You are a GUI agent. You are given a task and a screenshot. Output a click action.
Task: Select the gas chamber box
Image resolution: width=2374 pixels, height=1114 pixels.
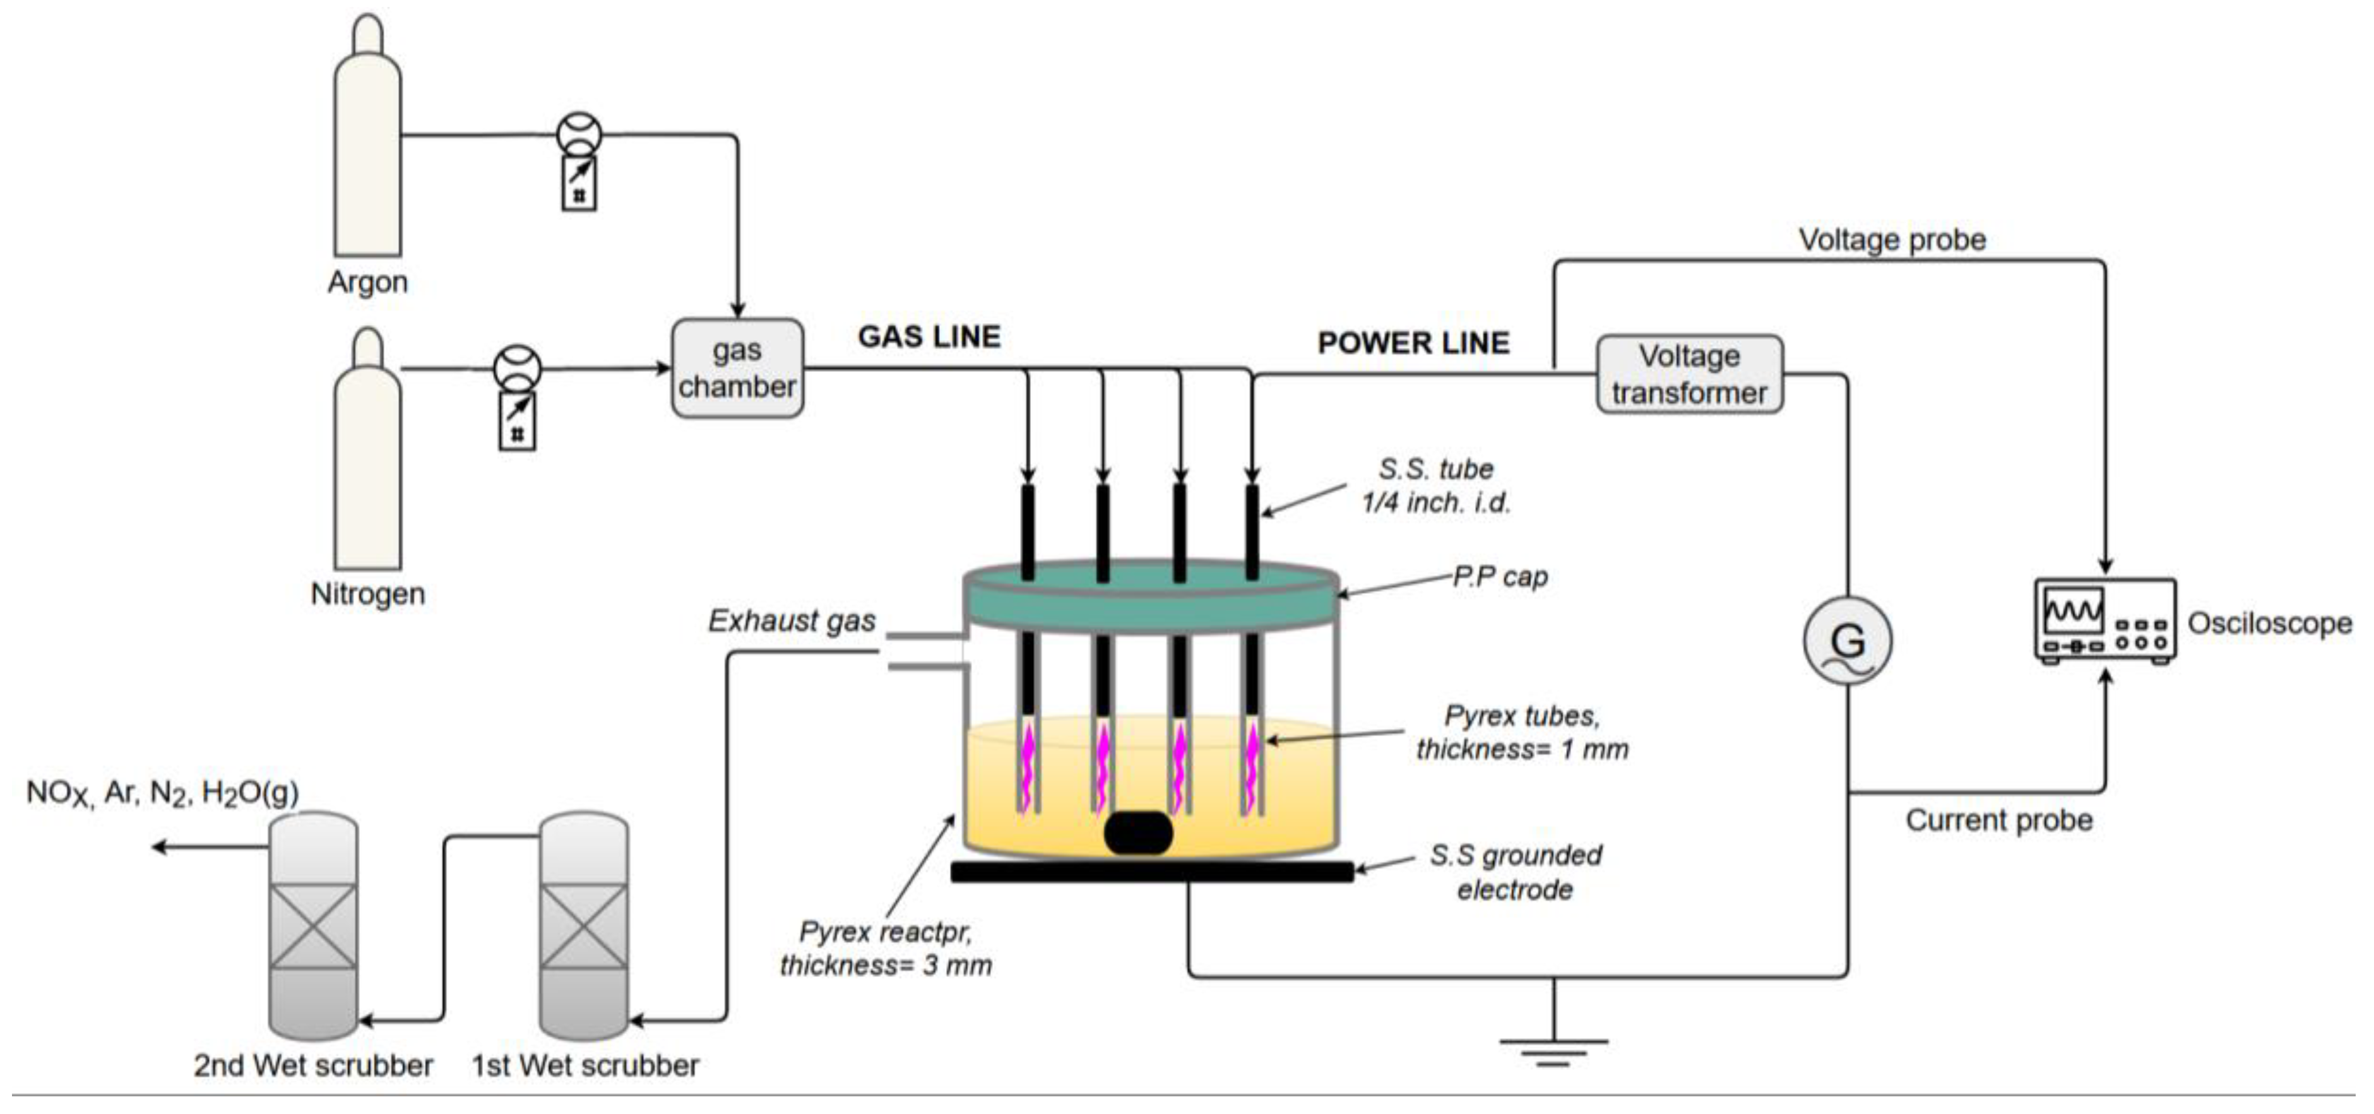737,367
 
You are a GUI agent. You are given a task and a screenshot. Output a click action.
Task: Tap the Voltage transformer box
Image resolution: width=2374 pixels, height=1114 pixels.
1689,374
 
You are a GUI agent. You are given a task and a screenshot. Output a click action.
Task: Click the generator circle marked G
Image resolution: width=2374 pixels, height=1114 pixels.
1847,641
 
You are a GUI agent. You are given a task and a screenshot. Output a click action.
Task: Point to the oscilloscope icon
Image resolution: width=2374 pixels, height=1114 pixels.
2105,620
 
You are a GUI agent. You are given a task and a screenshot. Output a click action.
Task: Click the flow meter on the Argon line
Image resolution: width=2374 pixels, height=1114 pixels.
579,161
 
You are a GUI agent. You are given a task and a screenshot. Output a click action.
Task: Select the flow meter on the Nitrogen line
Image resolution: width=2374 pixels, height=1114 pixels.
517,396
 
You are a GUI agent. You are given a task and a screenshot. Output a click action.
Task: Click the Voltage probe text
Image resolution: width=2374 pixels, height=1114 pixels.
1891,240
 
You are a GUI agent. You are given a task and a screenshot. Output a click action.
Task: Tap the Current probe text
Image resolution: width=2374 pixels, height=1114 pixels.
1998,820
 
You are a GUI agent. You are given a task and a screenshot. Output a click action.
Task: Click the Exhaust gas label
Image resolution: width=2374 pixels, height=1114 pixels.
791,621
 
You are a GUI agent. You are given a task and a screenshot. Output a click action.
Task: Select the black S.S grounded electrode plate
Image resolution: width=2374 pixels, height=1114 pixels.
1151,871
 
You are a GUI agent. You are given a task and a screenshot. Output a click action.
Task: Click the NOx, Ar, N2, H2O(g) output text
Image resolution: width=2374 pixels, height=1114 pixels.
162,793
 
